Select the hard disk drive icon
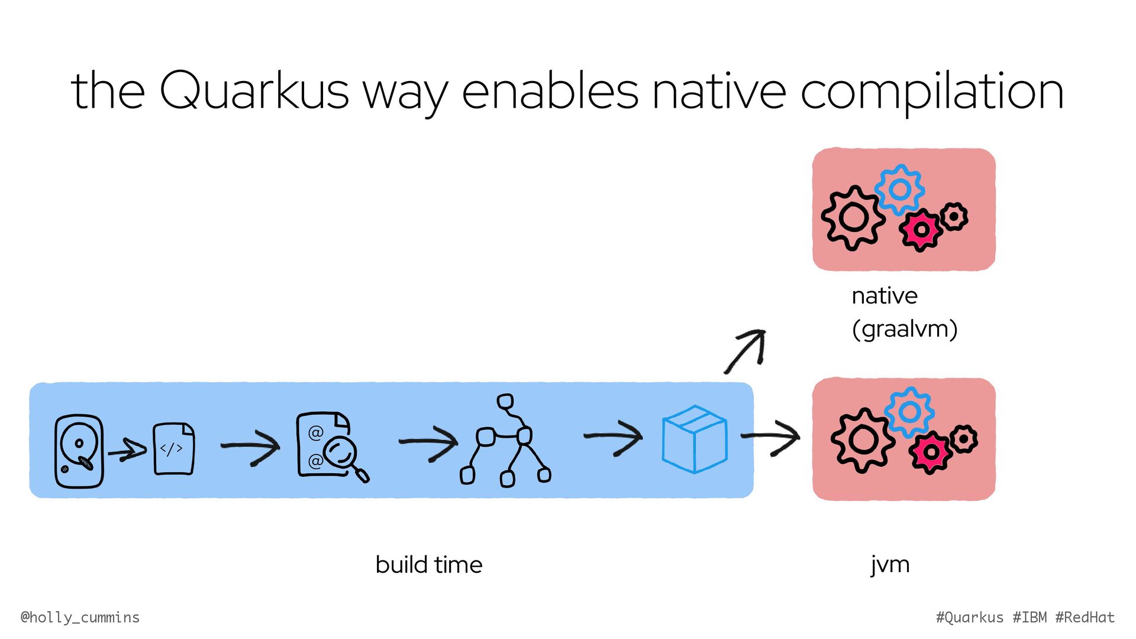pos(79,451)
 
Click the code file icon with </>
pos(173,448)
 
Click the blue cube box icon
pos(694,439)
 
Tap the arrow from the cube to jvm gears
pos(771,438)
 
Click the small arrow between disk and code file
pos(128,451)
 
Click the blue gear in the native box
pos(899,190)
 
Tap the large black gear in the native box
pos(853,217)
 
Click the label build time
pos(429,565)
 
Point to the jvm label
pos(890,565)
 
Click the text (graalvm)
pos(905,329)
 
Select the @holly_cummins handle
pos(80,618)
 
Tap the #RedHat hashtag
pos(1085,618)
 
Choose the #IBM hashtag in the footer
pos(1029,618)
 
